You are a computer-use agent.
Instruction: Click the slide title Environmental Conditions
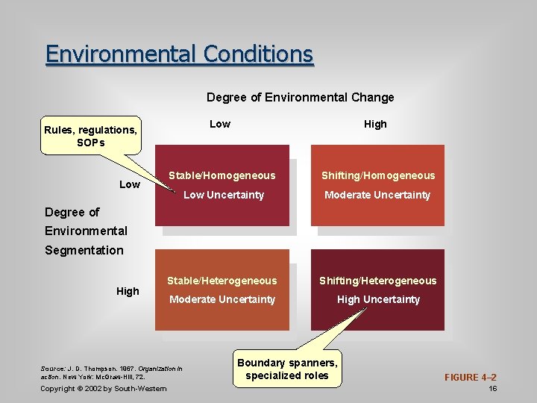click(x=179, y=54)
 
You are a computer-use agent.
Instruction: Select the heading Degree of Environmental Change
click(x=300, y=97)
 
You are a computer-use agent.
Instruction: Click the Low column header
click(x=220, y=124)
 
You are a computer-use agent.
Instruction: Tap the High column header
click(x=375, y=124)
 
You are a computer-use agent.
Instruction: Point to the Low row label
click(x=130, y=184)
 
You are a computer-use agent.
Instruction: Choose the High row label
click(x=128, y=291)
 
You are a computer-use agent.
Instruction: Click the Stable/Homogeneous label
click(x=222, y=175)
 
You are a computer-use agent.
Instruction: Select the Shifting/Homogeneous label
click(x=377, y=175)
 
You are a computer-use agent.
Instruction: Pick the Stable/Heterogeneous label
click(x=222, y=281)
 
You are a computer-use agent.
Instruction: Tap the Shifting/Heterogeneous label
click(x=377, y=281)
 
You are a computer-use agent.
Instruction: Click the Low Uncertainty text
click(x=223, y=195)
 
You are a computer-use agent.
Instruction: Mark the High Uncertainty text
click(x=378, y=299)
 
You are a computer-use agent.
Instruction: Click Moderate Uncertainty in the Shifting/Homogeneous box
click(x=377, y=195)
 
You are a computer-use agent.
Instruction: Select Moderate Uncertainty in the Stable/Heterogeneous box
click(x=222, y=299)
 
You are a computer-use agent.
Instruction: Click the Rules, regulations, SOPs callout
click(x=90, y=136)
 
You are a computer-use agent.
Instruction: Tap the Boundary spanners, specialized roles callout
click(x=287, y=369)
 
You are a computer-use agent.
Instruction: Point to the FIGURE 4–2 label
click(x=470, y=378)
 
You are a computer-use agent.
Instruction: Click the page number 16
click(x=492, y=389)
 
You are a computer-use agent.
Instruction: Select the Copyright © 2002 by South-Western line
click(x=104, y=389)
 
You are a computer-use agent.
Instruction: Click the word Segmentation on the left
click(x=84, y=250)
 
